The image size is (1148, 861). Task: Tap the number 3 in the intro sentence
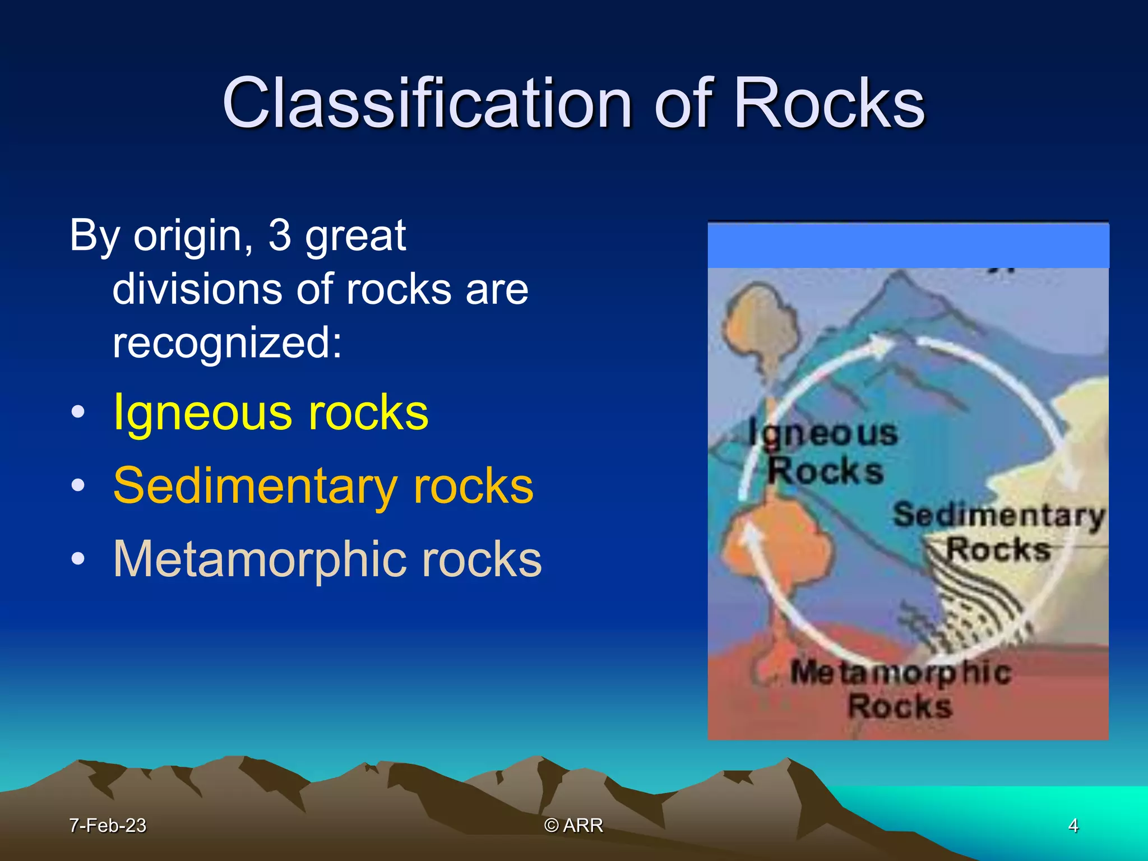click(280, 235)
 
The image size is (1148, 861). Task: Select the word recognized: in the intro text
click(227, 343)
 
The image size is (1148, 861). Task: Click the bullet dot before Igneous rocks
click(78, 413)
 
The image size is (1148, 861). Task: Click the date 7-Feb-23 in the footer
click(107, 826)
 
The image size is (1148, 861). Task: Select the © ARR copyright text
click(573, 826)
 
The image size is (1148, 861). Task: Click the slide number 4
click(1073, 826)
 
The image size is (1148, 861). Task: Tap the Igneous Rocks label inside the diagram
click(824, 451)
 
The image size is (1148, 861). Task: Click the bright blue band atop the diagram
click(908, 246)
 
